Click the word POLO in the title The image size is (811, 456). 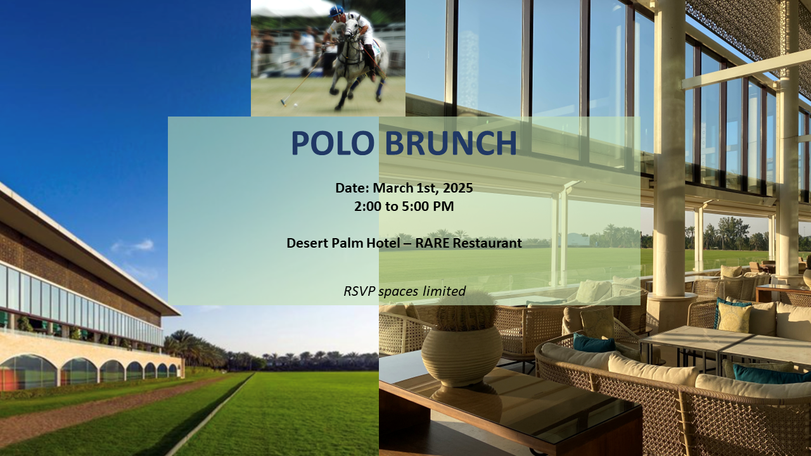tap(334, 144)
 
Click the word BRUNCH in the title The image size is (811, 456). tap(450, 144)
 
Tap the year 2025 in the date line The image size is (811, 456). tap(457, 188)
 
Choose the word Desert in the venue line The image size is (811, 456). tap(307, 243)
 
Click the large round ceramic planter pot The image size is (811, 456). tap(461, 356)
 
